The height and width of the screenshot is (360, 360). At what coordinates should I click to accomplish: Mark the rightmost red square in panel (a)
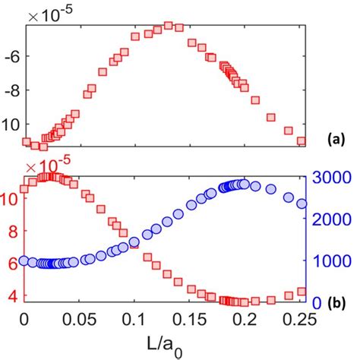click(302, 141)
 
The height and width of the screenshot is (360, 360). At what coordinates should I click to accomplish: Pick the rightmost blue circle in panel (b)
click(302, 204)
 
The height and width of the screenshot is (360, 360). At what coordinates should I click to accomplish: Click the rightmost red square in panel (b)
click(302, 292)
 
